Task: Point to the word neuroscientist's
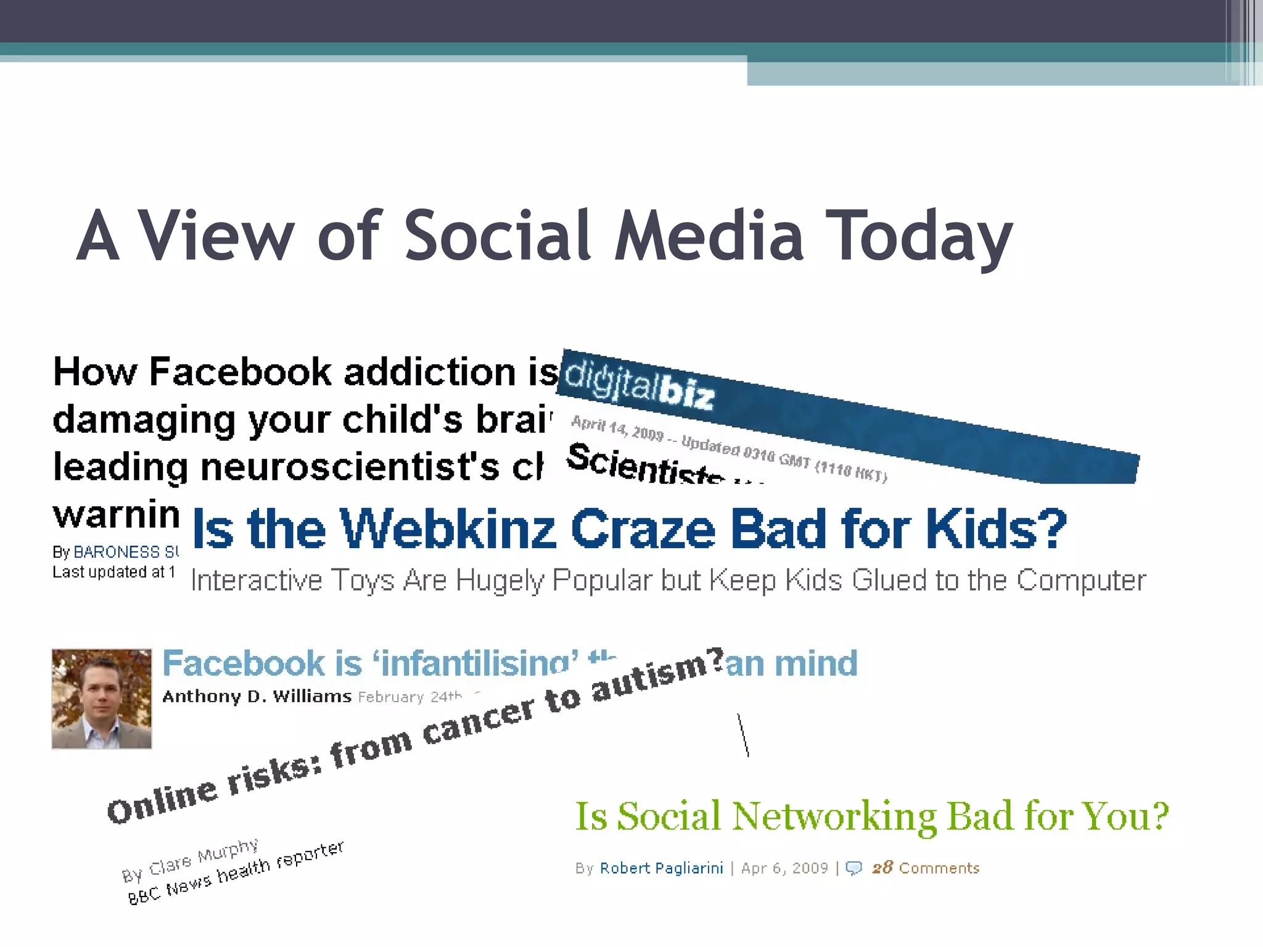pos(350,467)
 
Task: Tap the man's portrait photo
pos(102,699)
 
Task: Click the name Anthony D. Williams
pos(257,697)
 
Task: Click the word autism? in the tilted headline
pos(657,674)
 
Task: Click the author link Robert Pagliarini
pos(661,868)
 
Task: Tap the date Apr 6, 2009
pos(784,868)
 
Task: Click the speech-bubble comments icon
pos(854,869)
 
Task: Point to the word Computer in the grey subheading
pos(1081,580)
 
